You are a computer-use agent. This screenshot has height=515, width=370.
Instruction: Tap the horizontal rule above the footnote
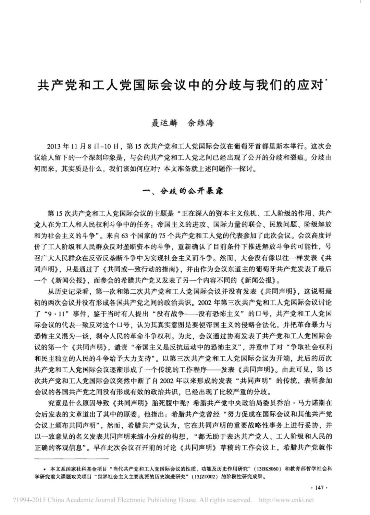[72, 458]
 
